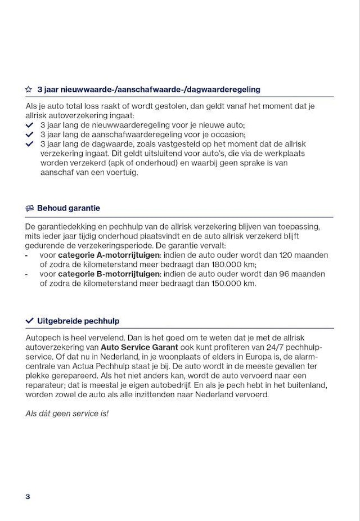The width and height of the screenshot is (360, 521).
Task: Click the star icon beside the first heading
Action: coord(29,89)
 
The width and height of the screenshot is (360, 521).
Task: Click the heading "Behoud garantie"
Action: coord(68,208)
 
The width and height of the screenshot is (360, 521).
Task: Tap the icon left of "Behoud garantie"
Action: coord(30,208)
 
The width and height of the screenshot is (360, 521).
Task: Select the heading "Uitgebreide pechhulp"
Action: coord(78,321)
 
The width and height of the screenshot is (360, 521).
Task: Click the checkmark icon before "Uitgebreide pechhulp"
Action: coord(30,321)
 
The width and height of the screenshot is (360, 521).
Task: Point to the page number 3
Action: coord(28,496)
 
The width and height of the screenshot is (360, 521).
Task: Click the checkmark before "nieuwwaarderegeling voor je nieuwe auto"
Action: coord(30,125)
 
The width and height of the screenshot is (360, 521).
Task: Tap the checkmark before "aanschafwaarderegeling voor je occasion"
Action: coord(30,134)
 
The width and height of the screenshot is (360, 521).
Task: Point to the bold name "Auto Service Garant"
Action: coord(139,347)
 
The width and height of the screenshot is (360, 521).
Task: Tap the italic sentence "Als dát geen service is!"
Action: coord(67,413)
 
